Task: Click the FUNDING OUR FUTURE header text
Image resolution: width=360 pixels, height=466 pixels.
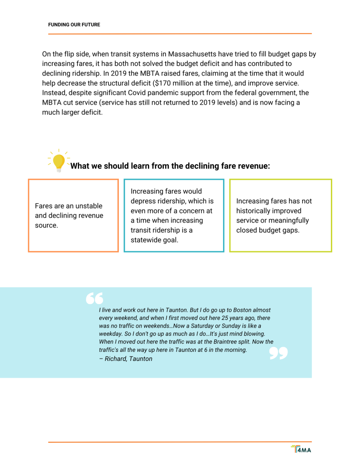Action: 74,25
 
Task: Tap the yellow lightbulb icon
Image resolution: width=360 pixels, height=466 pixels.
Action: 59,162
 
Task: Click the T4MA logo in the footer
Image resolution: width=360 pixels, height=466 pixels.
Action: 301,450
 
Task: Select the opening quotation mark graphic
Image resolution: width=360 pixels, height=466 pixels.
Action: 95,298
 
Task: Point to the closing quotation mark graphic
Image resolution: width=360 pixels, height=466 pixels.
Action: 279,353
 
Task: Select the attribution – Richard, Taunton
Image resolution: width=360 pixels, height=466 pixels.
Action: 126,359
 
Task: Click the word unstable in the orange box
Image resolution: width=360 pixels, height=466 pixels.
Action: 88,206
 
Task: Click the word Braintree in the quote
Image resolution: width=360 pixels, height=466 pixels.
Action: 228,341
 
